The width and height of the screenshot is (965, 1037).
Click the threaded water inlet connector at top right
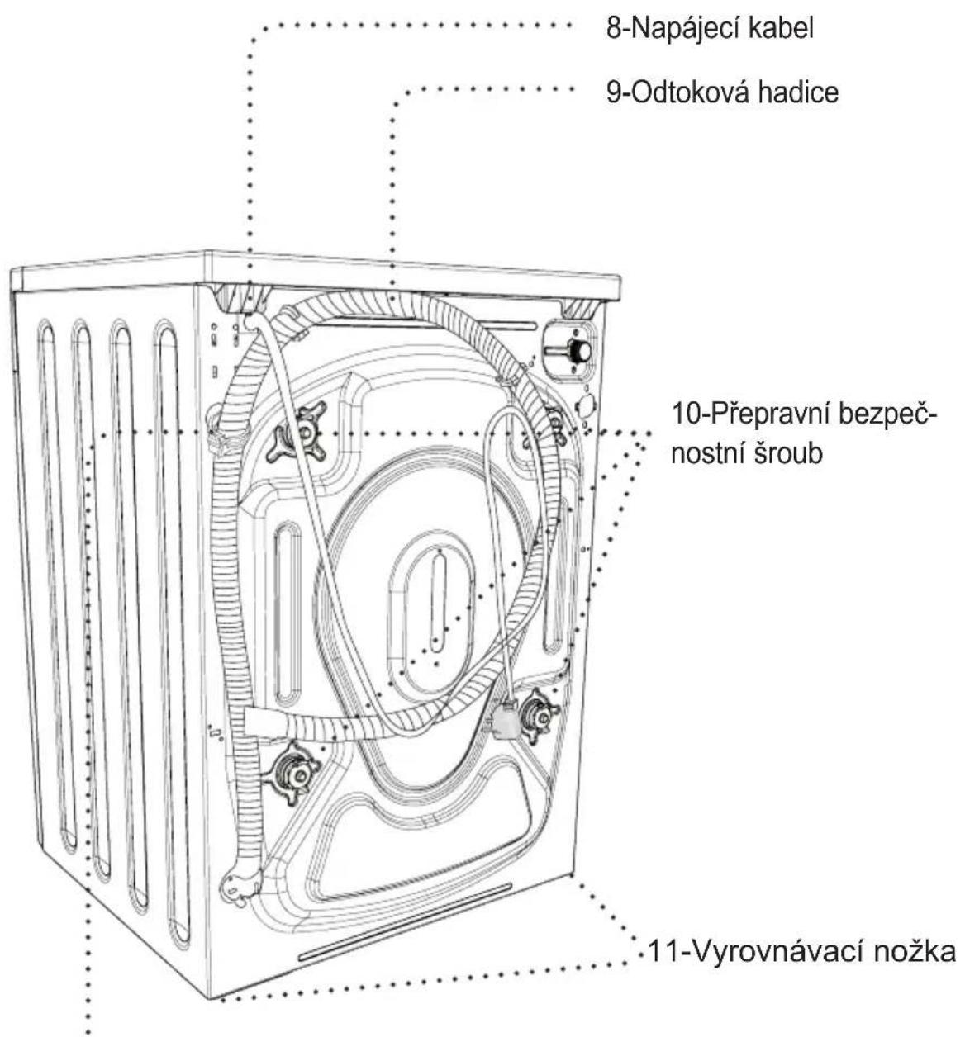coord(570,349)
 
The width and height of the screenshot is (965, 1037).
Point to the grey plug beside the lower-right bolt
coord(504,720)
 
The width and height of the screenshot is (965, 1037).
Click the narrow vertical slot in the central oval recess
coord(438,603)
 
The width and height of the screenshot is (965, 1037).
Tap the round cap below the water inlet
coord(586,404)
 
